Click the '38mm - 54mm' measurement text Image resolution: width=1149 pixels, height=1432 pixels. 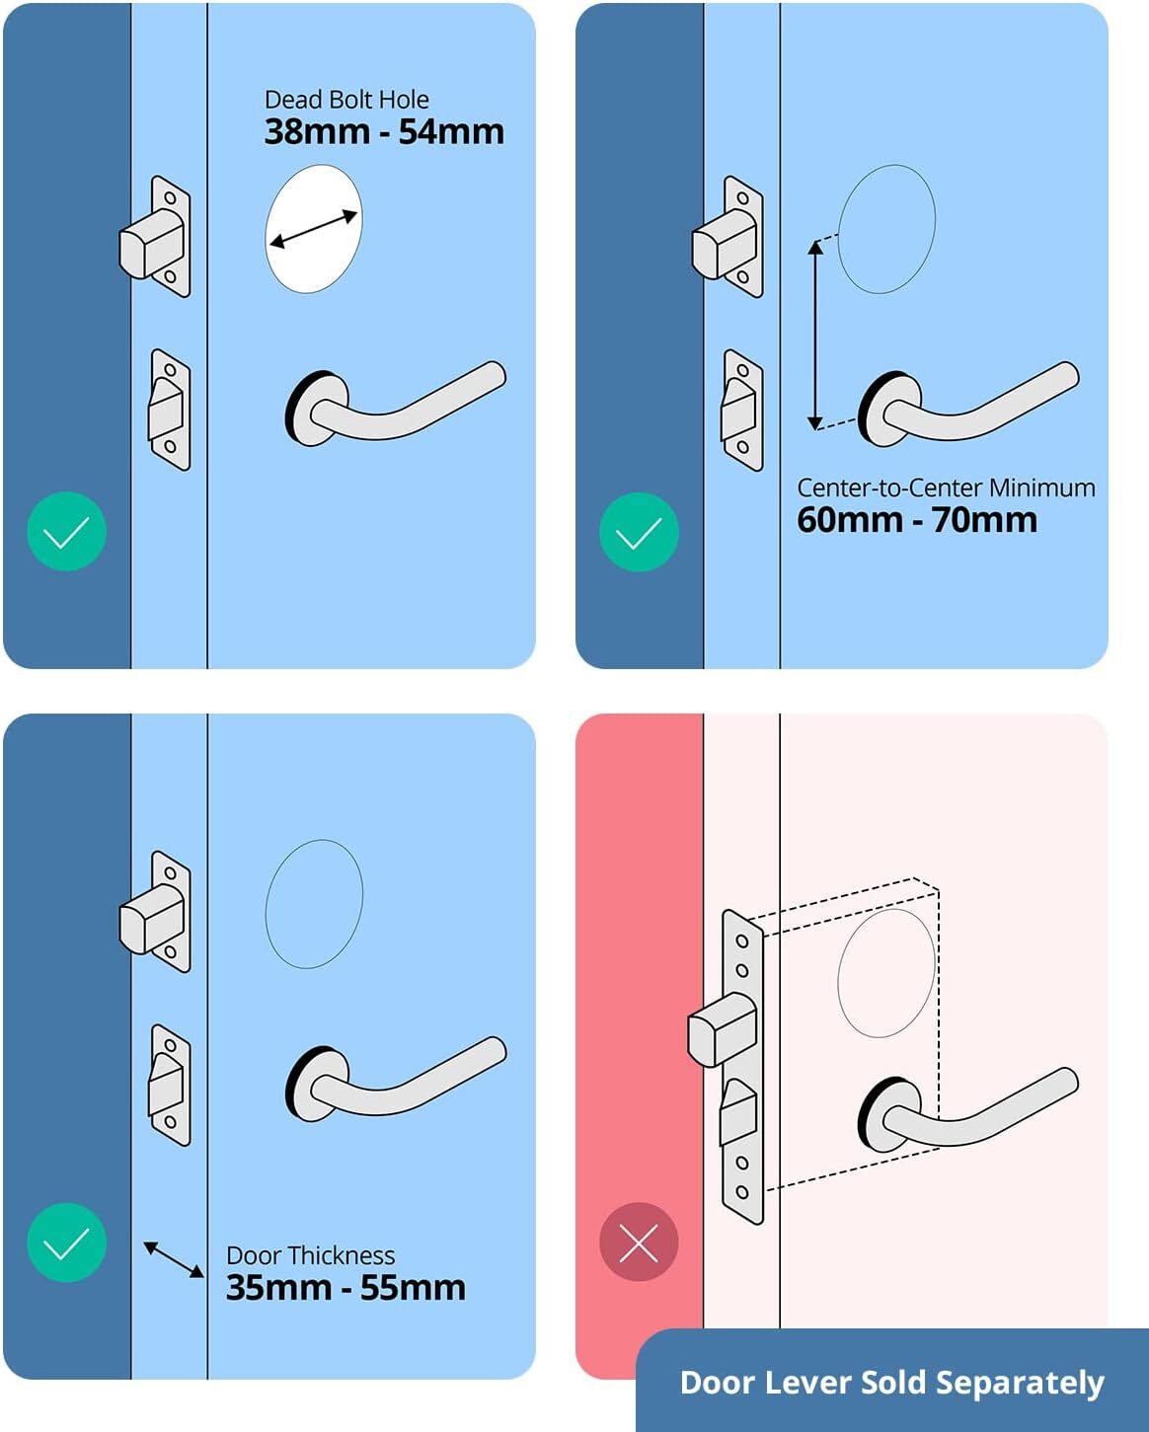click(384, 132)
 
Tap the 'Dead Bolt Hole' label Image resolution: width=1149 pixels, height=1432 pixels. click(346, 100)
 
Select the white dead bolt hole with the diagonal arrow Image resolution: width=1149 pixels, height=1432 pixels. click(314, 229)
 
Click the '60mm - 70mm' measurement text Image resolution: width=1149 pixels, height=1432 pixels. click(917, 520)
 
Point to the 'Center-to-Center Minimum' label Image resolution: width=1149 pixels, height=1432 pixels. click(946, 488)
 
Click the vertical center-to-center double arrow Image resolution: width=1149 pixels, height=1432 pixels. click(815, 336)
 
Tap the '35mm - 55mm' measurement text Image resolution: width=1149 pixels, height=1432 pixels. click(345, 1288)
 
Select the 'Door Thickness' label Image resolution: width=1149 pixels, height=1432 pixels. click(310, 1255)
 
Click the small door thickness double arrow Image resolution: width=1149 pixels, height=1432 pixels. click(174, 1259)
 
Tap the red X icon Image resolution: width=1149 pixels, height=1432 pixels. click(639, 1243)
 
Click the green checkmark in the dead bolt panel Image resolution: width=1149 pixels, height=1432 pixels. click(66, 532)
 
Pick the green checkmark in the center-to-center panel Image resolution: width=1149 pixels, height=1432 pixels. click(639, 532)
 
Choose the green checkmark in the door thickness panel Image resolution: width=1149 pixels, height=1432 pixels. click(66, 1243)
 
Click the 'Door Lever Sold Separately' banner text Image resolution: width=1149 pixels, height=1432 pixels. click(891, 1383)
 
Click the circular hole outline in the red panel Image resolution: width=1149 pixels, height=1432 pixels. click(885, 973)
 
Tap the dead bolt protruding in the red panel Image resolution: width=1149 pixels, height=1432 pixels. click(721, 1029)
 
